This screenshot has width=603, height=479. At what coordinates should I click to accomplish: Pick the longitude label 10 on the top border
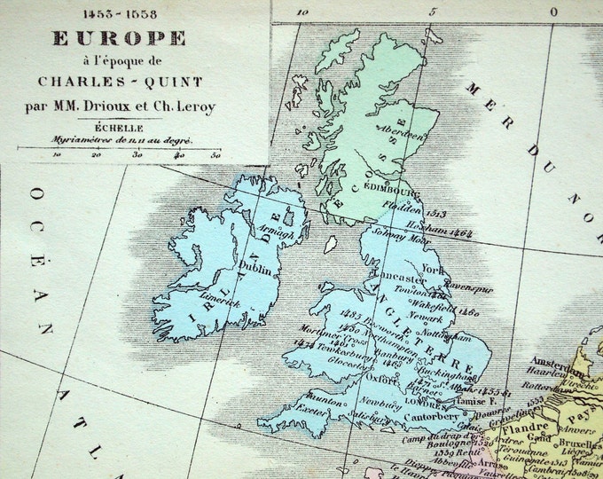click(x=302, y=12)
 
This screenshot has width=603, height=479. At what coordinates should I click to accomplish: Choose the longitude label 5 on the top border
click(x=432, y=12)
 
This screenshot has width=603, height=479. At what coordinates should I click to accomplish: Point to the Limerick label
click(x=223, y=302)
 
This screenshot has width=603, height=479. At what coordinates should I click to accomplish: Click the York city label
click(x=434, y=267)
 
